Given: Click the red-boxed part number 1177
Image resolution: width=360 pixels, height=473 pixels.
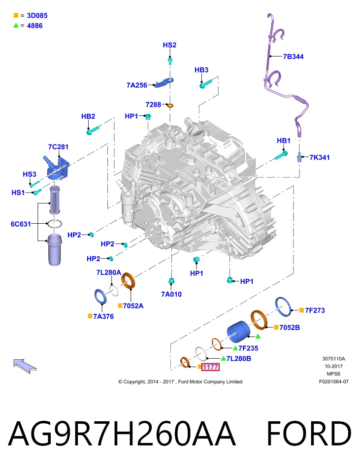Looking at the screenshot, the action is pyautogui.click(x=210, y=367).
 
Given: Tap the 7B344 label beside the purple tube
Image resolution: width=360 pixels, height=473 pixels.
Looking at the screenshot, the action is pyautogui.click(x=293, y=56).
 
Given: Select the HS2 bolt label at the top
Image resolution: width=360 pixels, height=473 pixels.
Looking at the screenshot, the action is pyautogui.click(x=169, y=45).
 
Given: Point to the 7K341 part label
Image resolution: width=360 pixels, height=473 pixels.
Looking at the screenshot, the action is pyautogui.click(x=319, y=157).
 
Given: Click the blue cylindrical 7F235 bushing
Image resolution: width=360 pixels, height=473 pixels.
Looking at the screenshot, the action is pyautogui.click(x=238, y=332).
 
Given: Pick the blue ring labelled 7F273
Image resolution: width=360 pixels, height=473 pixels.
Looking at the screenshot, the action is pyautogui.click(x=284, y=307).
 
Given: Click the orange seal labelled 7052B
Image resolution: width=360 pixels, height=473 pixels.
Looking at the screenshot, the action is pyautogui.click(x=259, y=320).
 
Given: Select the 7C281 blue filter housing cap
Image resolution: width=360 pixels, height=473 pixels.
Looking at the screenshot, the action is pyautogui.click(x=58, y=168).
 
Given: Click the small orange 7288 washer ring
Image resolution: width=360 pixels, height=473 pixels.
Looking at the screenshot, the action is pyautogui.click(x=170, y=105).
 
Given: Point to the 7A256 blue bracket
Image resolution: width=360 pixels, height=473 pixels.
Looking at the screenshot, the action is pyautogui.click(x=164, y=82).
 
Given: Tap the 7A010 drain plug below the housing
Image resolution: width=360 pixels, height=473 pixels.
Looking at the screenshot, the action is pyautogui.click(x=171, y=281).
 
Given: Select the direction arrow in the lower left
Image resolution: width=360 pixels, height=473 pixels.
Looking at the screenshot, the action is pyautogui.click(x=25, y=366).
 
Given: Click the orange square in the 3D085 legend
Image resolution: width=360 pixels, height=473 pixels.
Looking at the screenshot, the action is pyautogui.click(x=16, y=15).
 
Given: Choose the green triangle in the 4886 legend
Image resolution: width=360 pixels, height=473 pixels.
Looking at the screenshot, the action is pyautogui.click(x=16, y=26).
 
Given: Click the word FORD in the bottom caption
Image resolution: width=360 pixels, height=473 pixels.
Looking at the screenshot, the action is pyautogui.click(x=309, y=434).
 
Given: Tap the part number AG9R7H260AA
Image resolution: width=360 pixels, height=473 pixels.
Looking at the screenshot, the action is pyautogui.click(x=121, y=434).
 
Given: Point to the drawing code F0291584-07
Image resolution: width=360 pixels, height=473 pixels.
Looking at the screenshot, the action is pyautogui.click(x=334, y=381).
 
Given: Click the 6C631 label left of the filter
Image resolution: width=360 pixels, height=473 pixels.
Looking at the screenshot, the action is pyautogui.click(x=21, y=224).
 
